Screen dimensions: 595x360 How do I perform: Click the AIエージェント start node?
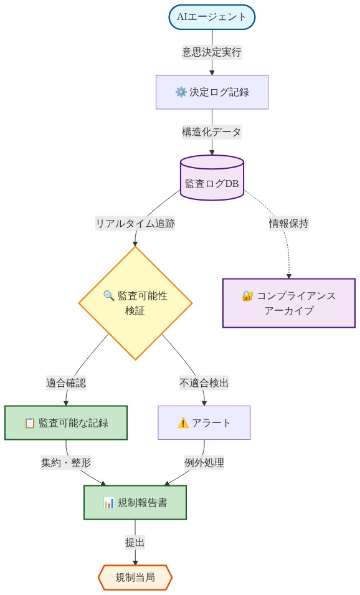point(212,17)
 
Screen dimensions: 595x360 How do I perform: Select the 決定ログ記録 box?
point(212,92)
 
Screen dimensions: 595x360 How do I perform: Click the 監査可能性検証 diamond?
point(135,303)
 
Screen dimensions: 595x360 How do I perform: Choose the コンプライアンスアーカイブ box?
point(288,303)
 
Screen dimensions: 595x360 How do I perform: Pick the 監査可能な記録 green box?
point(66,423)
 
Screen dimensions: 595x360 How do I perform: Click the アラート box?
point(204,423)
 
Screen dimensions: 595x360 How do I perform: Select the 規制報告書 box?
point(135,502)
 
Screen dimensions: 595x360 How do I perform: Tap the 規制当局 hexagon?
point(135,577)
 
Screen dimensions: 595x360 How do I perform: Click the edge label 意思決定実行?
point(212,52)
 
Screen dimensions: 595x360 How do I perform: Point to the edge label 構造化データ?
point(212,132)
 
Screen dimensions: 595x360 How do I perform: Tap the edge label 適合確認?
point(66,383)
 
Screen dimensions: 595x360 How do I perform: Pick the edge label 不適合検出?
point(204,383)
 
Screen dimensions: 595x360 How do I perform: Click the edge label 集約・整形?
point(66,463)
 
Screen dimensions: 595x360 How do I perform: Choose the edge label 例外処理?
point(204,463)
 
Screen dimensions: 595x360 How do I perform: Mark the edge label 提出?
point(135,542)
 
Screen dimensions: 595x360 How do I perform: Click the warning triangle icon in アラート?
point(183,423)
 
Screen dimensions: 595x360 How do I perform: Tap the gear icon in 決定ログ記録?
point(181,92)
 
